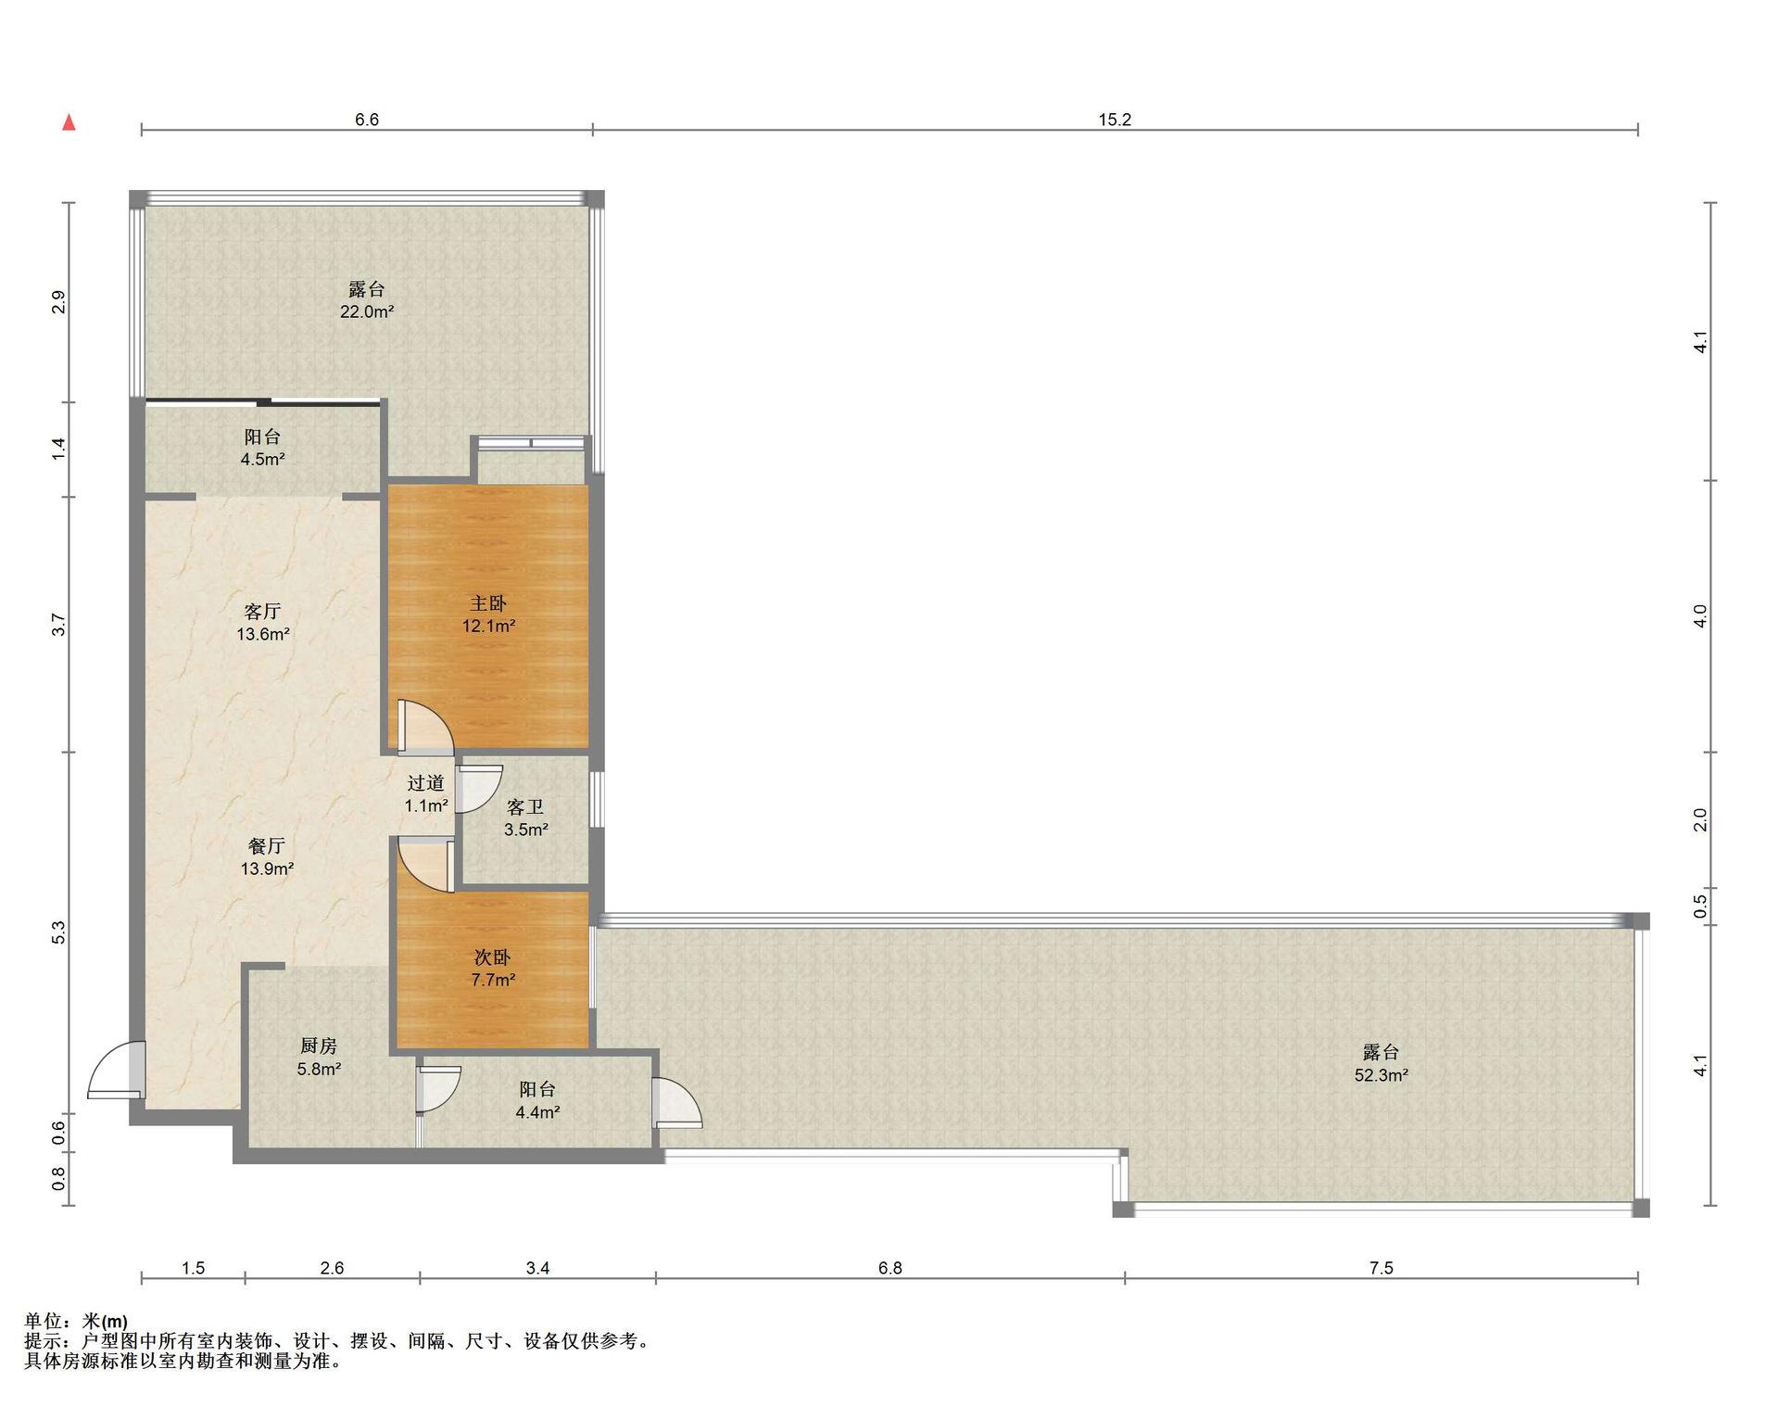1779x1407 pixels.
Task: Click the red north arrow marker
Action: (x=69, y=122)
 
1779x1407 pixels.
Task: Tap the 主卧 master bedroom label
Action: (x=488, y=615)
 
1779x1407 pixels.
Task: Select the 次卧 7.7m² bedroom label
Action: (x=492, y=969)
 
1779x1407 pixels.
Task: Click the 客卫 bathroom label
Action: (x=525, y=818)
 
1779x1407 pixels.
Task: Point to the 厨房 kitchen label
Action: (x=319, y=1058)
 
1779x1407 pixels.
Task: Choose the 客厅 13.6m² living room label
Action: (x=263, y=623)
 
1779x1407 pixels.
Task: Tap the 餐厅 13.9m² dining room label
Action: (x=267, y=857)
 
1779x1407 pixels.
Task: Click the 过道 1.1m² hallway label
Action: (x=426, y=794)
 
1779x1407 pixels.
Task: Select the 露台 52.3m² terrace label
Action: (x=1381, y=1064)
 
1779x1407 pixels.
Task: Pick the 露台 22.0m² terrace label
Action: (x=367, y=300)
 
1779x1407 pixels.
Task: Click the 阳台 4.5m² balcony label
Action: (x=262, y=448)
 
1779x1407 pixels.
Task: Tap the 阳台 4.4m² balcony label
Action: (x=537, y=1100)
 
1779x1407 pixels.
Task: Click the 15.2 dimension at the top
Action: (x=1115, y=120)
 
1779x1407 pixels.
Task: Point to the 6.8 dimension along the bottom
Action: (x=889, y=1268)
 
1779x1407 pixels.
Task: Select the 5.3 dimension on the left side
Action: (x=58, y=932)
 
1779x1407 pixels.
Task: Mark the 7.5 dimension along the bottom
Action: (x=1381, y=1268)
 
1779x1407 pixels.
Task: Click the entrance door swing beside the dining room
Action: (x=116, y=1070)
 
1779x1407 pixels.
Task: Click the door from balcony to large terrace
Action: (x=676, y=1103)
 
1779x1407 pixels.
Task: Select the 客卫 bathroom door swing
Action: (x=479, y=789)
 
